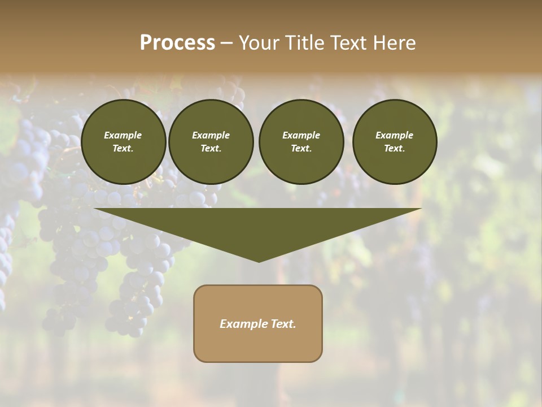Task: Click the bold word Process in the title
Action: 177,43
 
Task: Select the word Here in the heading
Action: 395,43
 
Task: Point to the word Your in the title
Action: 257,43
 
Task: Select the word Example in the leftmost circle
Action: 123,135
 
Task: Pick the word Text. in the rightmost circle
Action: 395,149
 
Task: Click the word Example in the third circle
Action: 301,135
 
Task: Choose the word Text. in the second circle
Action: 211,149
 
